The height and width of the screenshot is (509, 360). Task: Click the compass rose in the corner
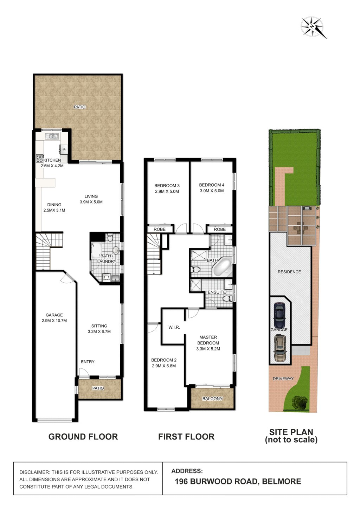tap(313, 27)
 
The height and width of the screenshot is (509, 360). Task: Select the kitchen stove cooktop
tap(40, 159)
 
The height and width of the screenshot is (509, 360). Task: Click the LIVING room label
tap(91, 199)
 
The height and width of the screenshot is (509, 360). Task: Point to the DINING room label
tap(54, 207)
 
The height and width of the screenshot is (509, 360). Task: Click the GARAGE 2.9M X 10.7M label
tap(54, 318)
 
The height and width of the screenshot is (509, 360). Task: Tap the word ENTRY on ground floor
tap(88, 362)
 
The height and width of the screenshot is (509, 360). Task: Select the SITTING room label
tap(99, 329)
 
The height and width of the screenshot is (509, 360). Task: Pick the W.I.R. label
tap(174, 327)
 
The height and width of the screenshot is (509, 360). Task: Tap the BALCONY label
tap(212, 399)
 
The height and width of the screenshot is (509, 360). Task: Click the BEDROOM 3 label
tap(167, 188)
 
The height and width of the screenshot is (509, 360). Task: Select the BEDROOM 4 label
tap(212, 188)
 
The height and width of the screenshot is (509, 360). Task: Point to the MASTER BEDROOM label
tap(208, 343)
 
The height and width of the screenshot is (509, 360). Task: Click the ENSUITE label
tap(217, 292)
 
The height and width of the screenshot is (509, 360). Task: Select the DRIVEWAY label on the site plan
tap(283, 379)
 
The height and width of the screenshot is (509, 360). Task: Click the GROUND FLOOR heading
tap(83, 437)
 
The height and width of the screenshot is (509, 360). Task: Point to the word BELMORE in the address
tap(282, 481)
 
